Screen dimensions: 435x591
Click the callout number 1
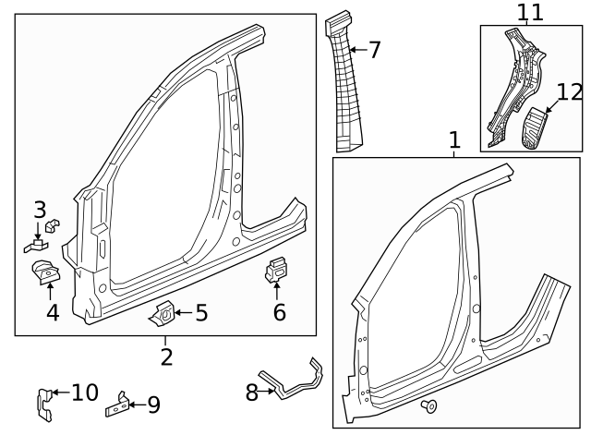coord(454,140)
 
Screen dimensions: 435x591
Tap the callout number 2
coord(166,356)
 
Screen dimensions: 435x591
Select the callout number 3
coord(40,210)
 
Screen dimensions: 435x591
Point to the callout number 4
coord(53,312)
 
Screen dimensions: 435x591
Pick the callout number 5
coord(201,313)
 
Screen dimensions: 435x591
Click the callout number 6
coord(279,312)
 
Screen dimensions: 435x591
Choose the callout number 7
coord(374,50)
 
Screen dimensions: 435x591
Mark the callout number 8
coord(252,393)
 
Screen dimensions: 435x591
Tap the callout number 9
coord(153,404)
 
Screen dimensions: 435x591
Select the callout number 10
coord(84,393)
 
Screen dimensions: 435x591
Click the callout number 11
coord(530,12)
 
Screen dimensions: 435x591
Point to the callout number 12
coord(571,92)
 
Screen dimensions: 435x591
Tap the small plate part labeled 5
coord(162,315)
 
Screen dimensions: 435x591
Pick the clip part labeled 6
coord(276,270)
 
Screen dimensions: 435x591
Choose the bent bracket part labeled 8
coord(294,381)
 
